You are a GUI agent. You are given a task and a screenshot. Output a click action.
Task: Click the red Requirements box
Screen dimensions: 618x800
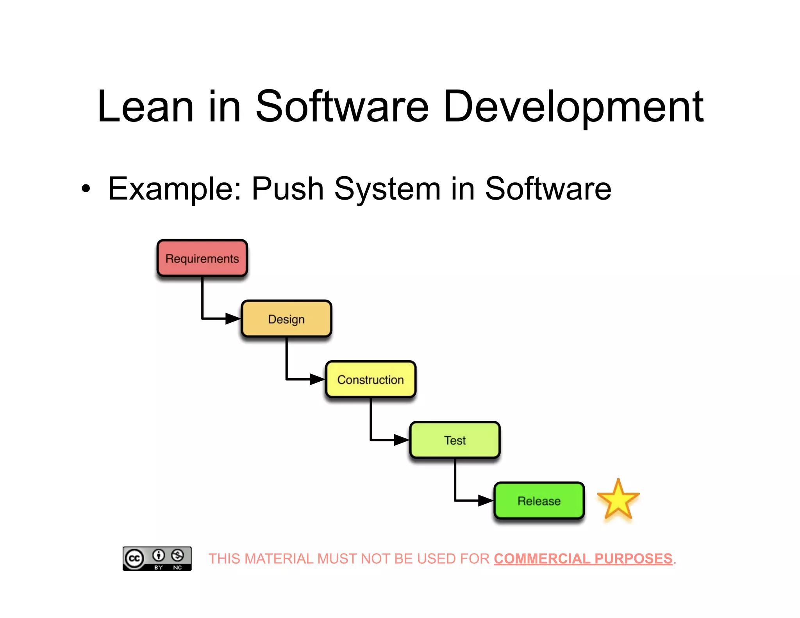coord(202,258)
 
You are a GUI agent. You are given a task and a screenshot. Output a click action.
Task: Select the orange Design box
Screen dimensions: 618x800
coord(286,319)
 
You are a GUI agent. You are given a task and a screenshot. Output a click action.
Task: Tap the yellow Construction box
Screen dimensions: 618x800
coord(370,379)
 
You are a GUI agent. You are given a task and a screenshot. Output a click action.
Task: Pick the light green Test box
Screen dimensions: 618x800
coord(455,440)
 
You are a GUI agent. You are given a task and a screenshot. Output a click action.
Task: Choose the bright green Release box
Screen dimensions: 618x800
coord(539,500)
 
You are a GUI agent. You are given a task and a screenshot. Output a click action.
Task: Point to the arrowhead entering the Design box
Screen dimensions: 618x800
coord(233,318)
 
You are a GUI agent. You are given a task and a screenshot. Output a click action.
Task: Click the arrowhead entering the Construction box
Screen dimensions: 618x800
coord(317,379)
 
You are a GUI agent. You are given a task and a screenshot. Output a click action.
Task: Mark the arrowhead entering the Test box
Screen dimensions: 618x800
coord(402,440)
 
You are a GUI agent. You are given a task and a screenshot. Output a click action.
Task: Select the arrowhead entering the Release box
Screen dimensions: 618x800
coord(486,500)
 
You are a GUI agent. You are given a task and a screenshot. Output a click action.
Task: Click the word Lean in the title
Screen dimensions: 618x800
coord(145,107)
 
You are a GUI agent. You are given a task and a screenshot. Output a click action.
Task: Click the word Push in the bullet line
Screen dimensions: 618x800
coord(287,189)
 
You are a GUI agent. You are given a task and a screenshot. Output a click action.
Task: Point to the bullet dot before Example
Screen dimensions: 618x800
coord(86,189)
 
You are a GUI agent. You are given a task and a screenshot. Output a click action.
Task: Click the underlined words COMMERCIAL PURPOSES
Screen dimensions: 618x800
coord(583,559)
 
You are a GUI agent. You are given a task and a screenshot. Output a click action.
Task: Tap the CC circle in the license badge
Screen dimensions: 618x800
coord(134,558)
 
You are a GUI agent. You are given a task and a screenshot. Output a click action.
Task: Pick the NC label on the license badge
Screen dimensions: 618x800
coord(177,567)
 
